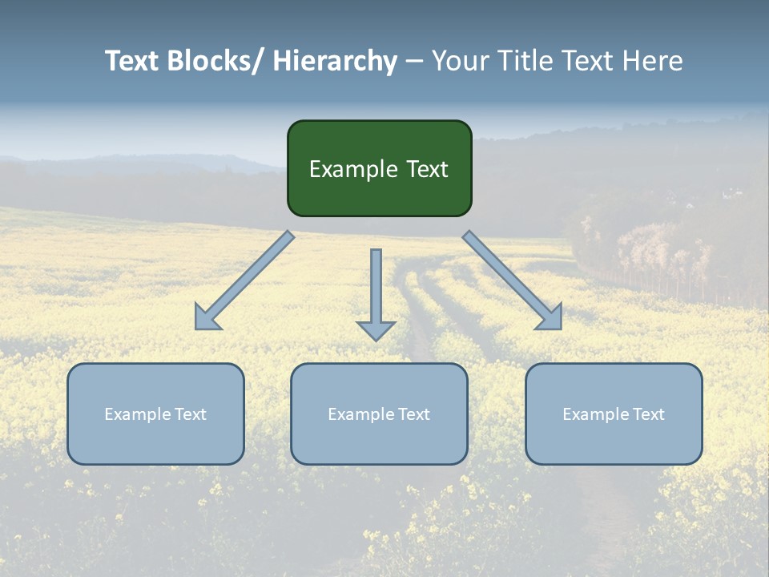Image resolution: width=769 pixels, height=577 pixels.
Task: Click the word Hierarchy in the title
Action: [x=335, y=61]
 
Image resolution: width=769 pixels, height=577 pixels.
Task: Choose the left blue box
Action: [x=155, y=441]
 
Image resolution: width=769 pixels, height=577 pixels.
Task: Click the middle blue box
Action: [x=379, y=441]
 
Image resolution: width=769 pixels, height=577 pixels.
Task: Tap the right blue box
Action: [x=614, y=441]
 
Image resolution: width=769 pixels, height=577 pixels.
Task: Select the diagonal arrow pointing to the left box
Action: [x=244, y=280]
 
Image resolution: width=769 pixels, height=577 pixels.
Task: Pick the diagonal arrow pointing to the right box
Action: [x=513, y=280]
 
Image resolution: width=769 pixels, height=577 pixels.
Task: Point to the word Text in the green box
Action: [x=425, y=169]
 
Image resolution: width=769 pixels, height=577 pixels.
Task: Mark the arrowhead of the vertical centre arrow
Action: [x=376, y=330]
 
